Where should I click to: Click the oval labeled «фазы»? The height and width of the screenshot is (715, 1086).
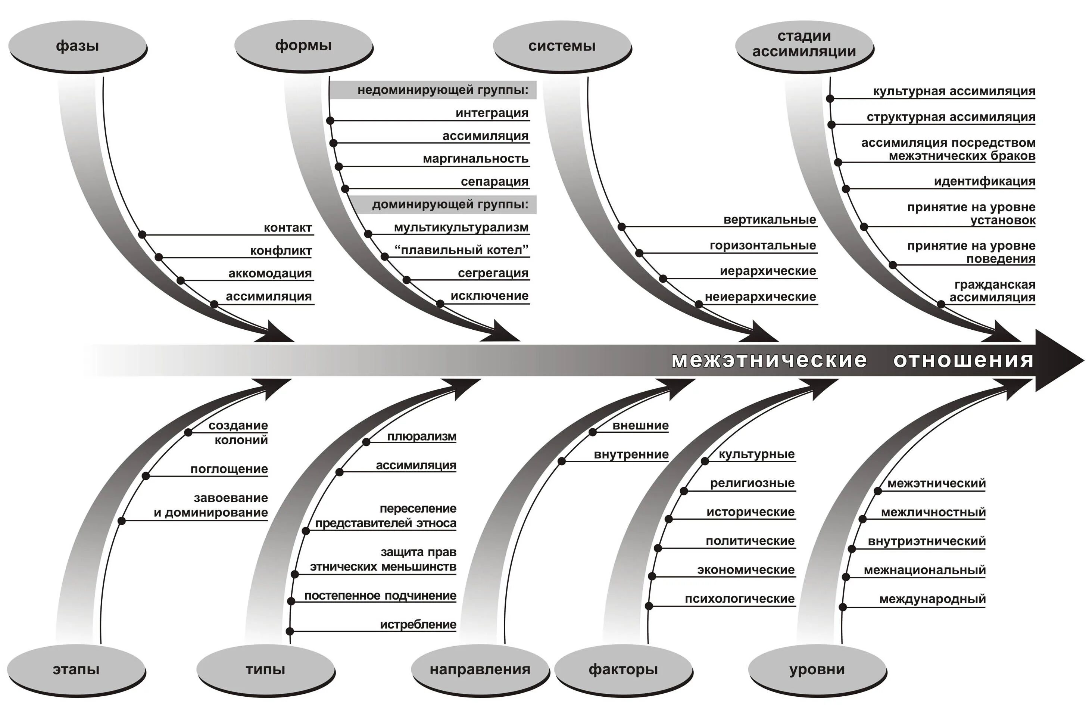click(x=77, y=46)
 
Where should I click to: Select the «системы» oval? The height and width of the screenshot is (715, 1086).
click(x=562, y=46)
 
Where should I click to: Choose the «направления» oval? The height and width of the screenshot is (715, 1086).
click(x=480, y=669)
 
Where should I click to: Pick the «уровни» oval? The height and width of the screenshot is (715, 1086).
click(x=817, y=669)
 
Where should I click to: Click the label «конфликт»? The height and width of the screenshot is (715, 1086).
click(x=281, y=251)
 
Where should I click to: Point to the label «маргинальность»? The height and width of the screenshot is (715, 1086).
click(x=475, y=159)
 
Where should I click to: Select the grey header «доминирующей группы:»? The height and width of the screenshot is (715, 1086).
click(x=450, y=204)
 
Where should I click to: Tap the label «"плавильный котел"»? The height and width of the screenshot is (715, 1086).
click(x=461, y=250)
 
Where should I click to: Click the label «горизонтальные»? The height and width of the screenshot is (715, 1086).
click(x=762, y=246)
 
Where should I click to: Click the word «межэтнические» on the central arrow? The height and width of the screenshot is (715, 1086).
click(x=769, y=360)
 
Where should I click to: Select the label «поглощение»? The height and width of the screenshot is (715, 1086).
click(x=229, y=469)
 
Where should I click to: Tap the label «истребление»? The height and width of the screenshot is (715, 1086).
click(x=418, y=624)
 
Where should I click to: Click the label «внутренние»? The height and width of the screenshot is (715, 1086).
click(x=631, y=454)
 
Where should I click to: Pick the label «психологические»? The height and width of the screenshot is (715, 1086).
click(x=740, y=599)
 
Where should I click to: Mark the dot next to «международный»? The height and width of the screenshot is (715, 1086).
click(x=843, y=607)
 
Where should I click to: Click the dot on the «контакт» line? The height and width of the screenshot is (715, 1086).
click(x=142, y=235)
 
